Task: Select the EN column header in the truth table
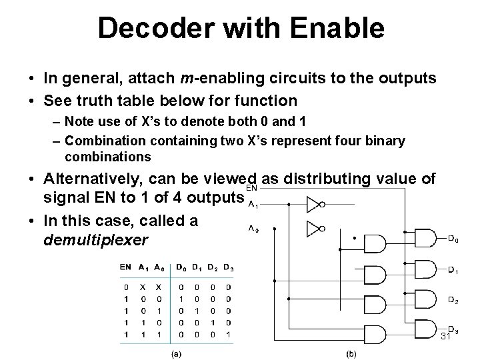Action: click(125, 267)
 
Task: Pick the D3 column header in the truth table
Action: click(229, 267)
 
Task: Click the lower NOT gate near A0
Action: click(314, 229)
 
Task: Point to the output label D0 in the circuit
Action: click(452, 239)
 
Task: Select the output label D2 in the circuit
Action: click(452, 301)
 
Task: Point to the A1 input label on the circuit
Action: click(253, 205)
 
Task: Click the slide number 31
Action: click(446, 338)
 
